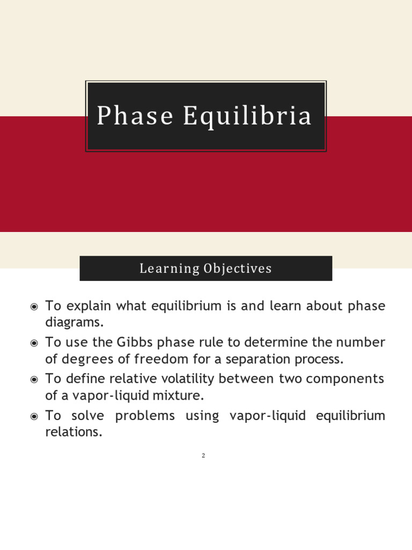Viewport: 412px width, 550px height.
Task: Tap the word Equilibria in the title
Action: point(247,116)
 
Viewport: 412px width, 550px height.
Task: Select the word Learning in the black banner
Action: point(169,269)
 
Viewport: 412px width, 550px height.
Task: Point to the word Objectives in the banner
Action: point(238,269)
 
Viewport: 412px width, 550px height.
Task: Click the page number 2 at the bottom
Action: point(203,456)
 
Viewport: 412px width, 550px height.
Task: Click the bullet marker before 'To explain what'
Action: point(34,307)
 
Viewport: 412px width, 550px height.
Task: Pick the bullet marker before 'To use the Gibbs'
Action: point(34,343)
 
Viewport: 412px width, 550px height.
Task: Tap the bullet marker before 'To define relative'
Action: point(34,380)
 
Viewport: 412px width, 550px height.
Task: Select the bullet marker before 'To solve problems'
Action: point(34,416)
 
